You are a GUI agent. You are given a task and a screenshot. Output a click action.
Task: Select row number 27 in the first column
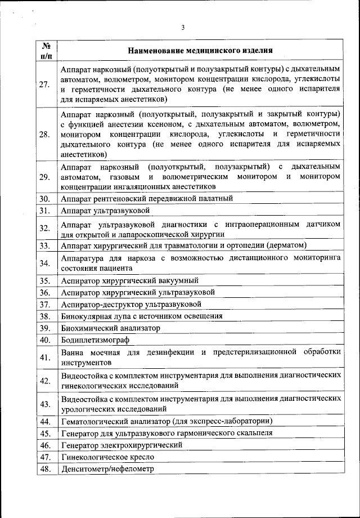pos(47,84)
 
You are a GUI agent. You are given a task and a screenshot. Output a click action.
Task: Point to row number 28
pos(47,135)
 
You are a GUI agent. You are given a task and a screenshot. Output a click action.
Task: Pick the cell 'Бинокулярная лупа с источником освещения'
pos(142,316)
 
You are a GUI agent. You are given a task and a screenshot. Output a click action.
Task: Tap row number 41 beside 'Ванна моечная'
pos(47,357)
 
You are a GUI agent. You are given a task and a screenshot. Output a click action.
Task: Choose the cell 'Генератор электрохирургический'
pos(121,445)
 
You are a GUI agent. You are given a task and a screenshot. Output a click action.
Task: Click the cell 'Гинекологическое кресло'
pos(106,457)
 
